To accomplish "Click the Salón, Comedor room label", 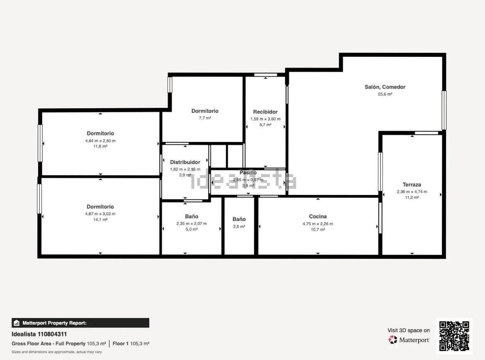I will (x=385, y=87).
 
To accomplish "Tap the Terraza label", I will (x=412, y=185).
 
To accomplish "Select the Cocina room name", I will (x=318, y=216).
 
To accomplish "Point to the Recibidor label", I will (x=265, y=112).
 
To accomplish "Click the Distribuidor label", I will (x=185, y=162).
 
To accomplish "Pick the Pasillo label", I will (x=248, y=173).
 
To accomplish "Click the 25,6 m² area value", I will (x=385, y=94).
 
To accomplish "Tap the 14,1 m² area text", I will (x=100, y=220).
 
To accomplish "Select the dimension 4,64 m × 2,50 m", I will (x=100, y=141).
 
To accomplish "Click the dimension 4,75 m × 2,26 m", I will (x=318, y=224).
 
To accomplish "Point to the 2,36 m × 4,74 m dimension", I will (x=412, y=192).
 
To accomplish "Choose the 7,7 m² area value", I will (x=205, y=118).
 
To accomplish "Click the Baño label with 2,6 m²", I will (x=239, y=219).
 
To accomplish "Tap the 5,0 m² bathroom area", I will (x=192, y=229).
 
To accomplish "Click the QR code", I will (x=454, y=336).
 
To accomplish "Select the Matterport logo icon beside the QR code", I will (x=393, y=340).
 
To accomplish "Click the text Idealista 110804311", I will (x=39, y=334).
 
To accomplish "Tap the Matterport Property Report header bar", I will (x=80, y=323).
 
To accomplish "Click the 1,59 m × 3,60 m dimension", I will (x=265, y=119).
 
